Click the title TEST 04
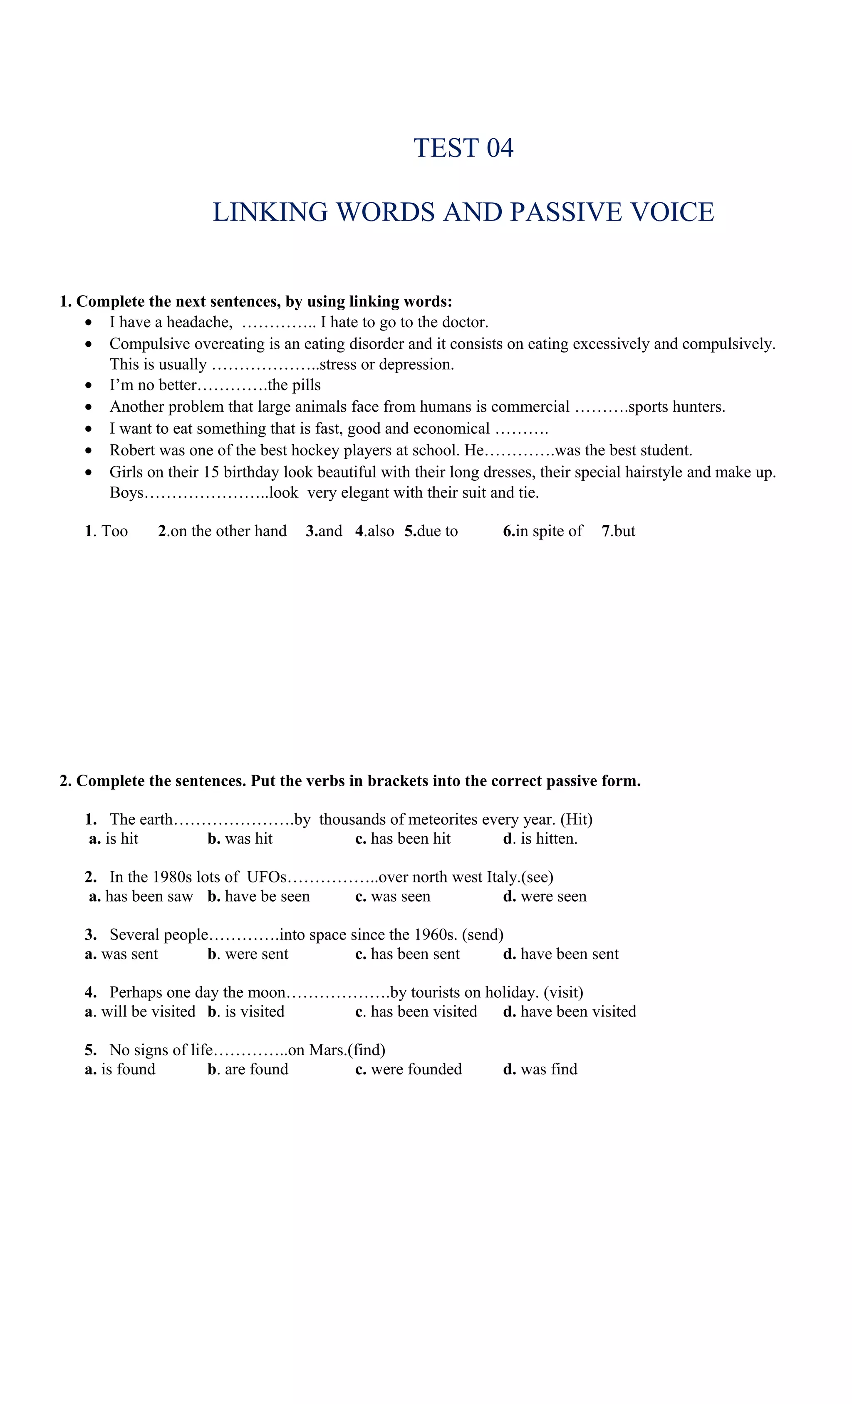[463, 148]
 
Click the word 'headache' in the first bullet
[199, 323]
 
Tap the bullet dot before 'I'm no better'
[88, 386]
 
